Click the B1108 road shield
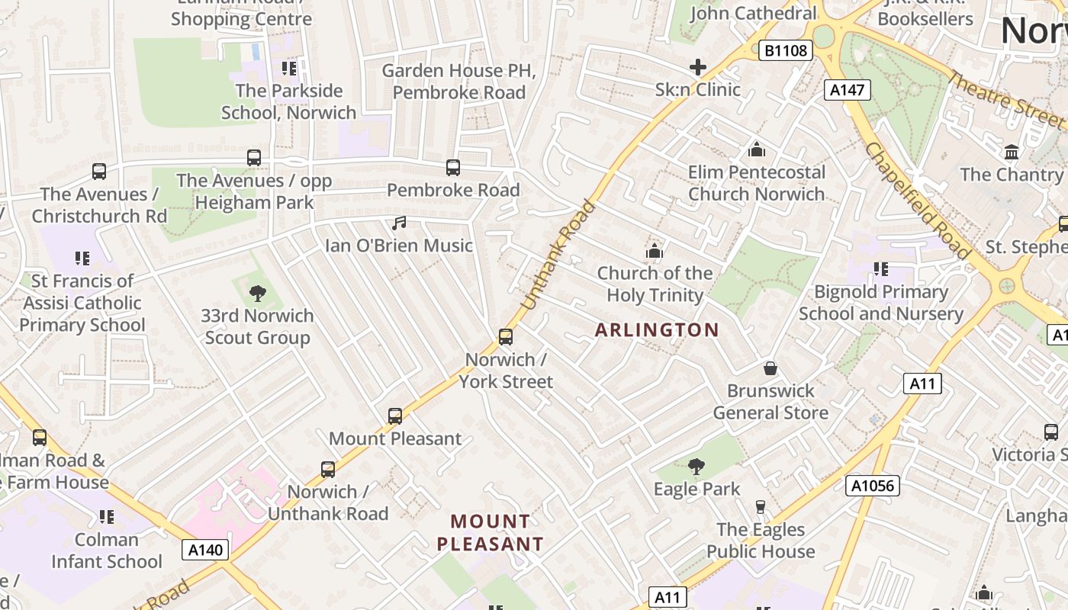click(786, 51)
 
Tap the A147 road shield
click(847, 90)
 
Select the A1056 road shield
click(872, 486)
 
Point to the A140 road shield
click(205, 550)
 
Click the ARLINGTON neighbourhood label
click(657, 330)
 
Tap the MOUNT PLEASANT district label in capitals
click(491, 533)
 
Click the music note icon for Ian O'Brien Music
click(399, 223)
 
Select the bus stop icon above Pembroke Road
click(453, 168)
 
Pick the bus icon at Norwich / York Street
click(505, 337)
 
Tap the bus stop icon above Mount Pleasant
click(394, 416)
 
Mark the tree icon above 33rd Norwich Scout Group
click(258, 294)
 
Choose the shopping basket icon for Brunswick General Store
click(770, 369)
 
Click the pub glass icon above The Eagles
click(760, 508)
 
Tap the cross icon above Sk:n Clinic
click(697, 68)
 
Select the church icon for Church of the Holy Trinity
click(654, 251)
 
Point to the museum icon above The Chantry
click(1012, 152)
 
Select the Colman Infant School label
click(107, 551)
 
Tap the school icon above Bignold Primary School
click(880, 269)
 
